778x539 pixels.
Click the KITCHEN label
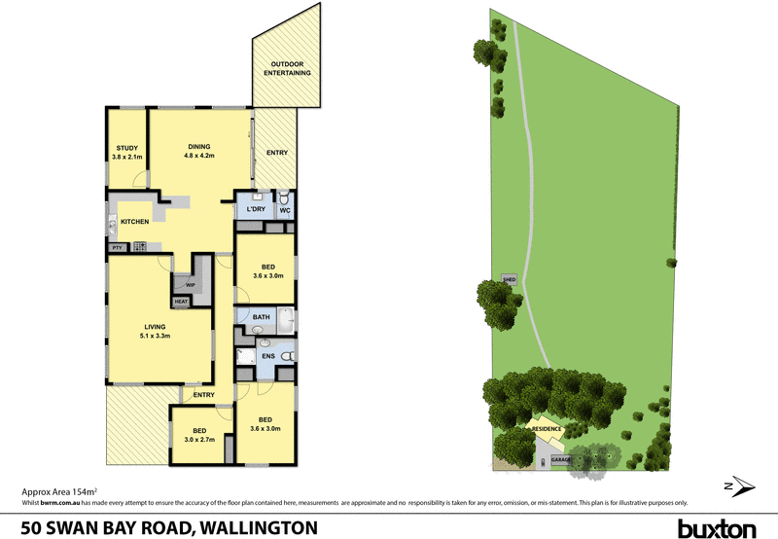click(x=134, y=222)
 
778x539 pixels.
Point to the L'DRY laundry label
click(x=257, y=210)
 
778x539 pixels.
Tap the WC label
click(x=285, y=210)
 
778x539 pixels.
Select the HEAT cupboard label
click(x=180, y=302)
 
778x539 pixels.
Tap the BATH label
click(x=261, y=317)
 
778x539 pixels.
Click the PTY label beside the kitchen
click(x=117, y=247)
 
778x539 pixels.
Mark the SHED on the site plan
click(x=508, y=279)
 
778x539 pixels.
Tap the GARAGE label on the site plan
click(x=561, y=458)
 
